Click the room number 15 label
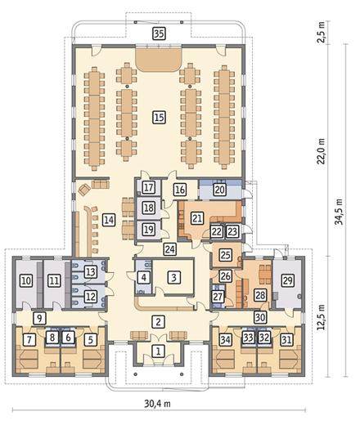[x=160, y=118]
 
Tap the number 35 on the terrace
[x=160, y=34]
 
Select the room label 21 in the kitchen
[x=197, y=218]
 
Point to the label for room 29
[x=288, y=280]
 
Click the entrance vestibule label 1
[x=158, y=351]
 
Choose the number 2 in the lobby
[x=158, y=322]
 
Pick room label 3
[x=173, y=277]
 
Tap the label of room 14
[x=109, y=220]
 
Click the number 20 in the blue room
[x=220, y=189]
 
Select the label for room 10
[x=26, y=280]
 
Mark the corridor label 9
[x=40, y=318]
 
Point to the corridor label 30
[x=260, y=317]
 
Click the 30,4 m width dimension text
[x=157, y=403]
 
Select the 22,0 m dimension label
[x=322, y=151]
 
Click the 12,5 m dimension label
[x=322, y=316]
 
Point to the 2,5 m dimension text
[x=322, y=32]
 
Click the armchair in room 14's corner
[x=84, y=190]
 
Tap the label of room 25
[x=226, y=255]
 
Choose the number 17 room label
[x=149, y=187]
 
